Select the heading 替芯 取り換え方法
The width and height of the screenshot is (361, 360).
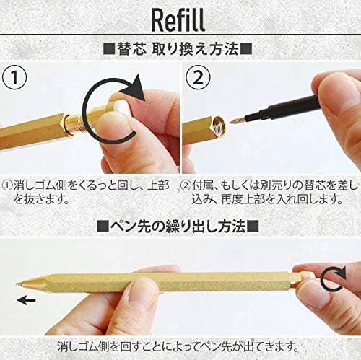tap(180, 49)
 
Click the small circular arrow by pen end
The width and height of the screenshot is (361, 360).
tap(333, 278)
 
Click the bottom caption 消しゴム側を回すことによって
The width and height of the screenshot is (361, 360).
tap(180, 344)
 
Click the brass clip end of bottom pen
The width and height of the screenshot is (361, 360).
tap(303, 277)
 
